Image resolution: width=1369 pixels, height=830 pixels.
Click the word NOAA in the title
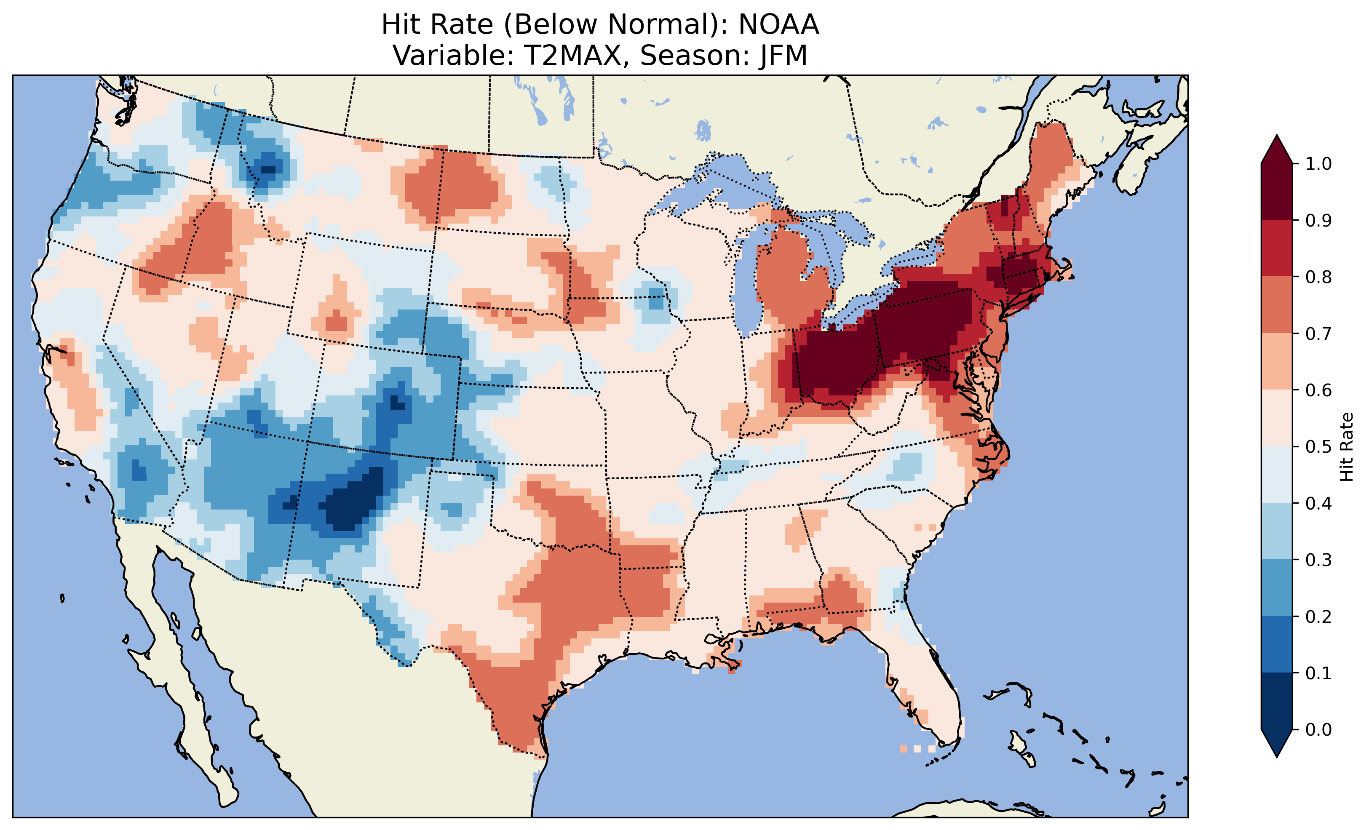tap(778, 25)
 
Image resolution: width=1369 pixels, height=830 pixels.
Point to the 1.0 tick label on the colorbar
tap(1318, 164)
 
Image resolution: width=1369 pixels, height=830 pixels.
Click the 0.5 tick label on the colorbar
tap(1318, 447)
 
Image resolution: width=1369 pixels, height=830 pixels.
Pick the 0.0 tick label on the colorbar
tap(1318, 729)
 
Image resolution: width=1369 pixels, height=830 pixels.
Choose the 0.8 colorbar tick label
tap(1318, 277)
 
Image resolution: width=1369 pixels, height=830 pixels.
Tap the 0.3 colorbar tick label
tap(1318, 560)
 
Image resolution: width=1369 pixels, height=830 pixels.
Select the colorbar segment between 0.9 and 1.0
tap(1277, 192)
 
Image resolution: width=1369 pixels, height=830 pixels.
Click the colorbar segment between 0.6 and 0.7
tap(1277, 362)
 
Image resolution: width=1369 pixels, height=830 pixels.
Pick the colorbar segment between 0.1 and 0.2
tap(1277, 644)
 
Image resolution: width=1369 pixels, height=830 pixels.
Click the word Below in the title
tap(556, 25)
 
